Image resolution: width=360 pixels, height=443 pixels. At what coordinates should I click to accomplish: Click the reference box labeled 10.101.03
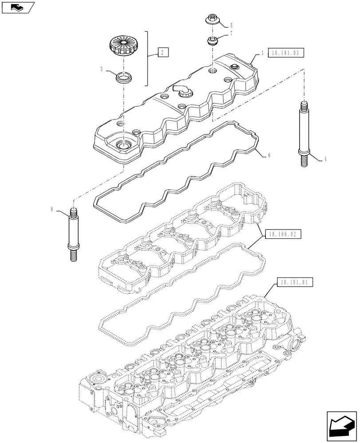[x=287, y=52]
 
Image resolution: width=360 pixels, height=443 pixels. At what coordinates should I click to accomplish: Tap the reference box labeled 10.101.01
[x=295, y=282]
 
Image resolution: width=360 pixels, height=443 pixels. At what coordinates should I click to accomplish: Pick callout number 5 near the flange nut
[x=231, y=26]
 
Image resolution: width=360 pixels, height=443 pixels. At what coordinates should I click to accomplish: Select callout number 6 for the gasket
[x=269, y=155]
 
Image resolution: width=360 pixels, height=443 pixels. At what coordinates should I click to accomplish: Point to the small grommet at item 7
[x=213, y=42]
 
